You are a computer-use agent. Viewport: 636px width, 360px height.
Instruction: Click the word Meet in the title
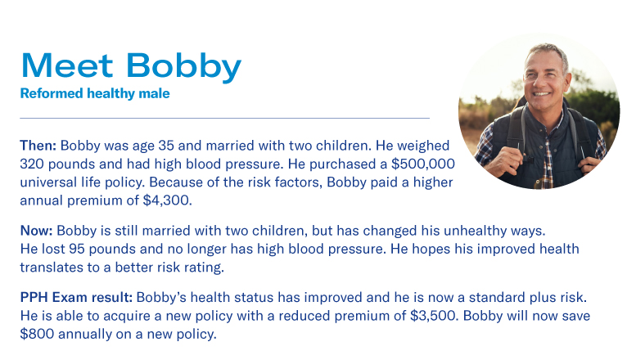[68, 65]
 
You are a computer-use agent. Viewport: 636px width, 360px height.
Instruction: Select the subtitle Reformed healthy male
[94, 93]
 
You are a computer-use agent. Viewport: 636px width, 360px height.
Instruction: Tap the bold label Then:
[38, 146]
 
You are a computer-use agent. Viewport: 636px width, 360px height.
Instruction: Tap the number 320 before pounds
[34, 164]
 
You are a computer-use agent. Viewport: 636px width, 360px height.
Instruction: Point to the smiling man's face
[542, 82]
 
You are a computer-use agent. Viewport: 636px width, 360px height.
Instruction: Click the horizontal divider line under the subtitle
[224, 118]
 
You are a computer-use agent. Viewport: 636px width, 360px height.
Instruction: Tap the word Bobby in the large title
[185, 65]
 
